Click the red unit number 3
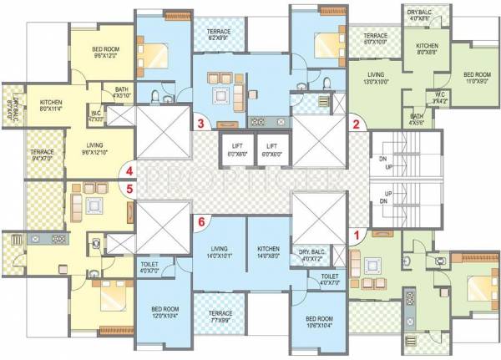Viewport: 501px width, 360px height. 200,124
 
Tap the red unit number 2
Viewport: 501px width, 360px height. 356,125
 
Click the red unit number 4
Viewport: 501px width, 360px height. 129,173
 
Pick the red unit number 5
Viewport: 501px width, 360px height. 129,189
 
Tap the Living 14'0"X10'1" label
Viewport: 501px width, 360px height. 220,253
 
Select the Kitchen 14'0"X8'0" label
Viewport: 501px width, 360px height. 268,253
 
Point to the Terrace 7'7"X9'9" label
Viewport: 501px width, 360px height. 220,317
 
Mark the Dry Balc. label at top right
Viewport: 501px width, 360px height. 419,14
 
